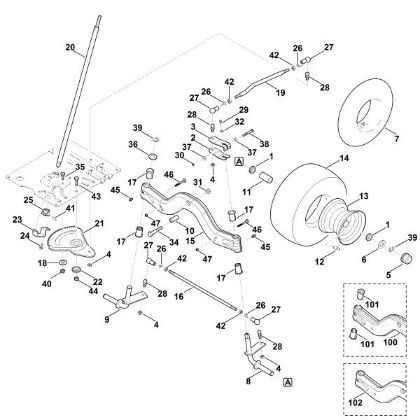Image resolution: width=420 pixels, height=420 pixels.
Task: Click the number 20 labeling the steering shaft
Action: point(69,47)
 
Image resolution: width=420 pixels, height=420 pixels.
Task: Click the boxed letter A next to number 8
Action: point(288,381)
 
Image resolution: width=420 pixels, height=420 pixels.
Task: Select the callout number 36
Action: point(133,145)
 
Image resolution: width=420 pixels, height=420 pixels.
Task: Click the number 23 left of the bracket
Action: point(17,220)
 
